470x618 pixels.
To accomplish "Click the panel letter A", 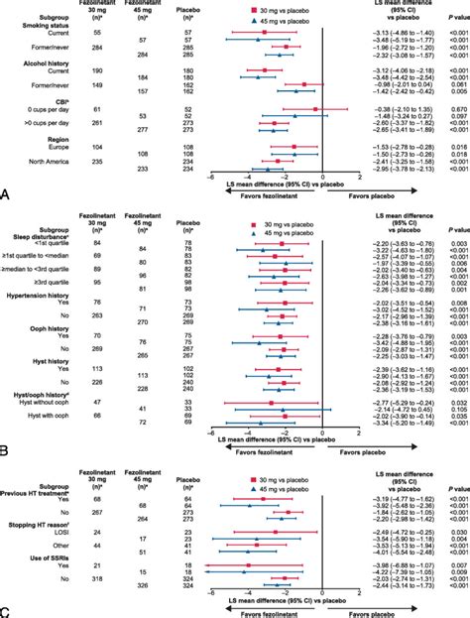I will click(x=7, y=197).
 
